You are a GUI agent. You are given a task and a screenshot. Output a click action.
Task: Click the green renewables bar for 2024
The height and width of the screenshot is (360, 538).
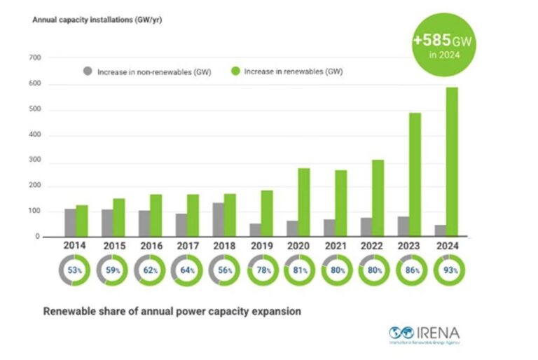[x=452, y=162]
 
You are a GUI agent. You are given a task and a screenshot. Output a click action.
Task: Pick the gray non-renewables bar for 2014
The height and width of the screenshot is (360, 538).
[x=70, y=223]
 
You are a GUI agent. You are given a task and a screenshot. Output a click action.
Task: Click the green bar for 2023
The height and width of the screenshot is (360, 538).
[x=415, y=174]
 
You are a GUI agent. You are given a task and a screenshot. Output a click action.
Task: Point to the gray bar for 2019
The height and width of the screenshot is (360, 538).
[x=254, y=230]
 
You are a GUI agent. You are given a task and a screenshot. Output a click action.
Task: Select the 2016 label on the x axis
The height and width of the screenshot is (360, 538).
[x=150, y=247]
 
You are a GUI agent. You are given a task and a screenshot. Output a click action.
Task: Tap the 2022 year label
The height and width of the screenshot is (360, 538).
[x=372, y=247]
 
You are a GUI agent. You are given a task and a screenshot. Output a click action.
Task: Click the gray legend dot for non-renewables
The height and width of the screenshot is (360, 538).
[x=87, y=71]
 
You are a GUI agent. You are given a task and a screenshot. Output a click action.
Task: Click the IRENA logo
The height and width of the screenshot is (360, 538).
[x=424, y=333]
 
